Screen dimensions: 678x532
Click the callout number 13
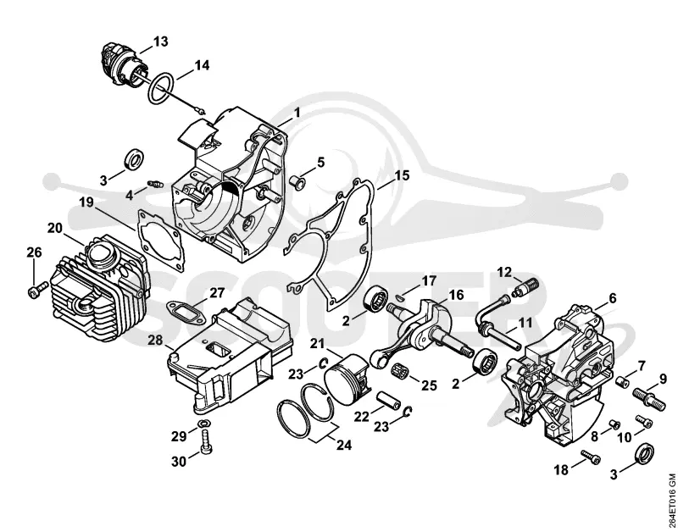pyautogui.click(x=160, y=42)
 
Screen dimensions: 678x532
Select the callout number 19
pyautogui.click(x=86, y=202)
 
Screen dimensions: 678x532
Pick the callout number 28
pyautogui.click(x=155, y=341)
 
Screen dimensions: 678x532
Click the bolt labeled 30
pyautogui.click(x=205, y=442)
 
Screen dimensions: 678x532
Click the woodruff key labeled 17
pyautogui.click(x=400, y=296)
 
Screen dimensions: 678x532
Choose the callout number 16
pyautogui.click(x=456, y=295)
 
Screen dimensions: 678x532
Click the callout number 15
pyautogui.click(x=402, y=175)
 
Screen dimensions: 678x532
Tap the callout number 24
pyautogui.click(x=344, y=445)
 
